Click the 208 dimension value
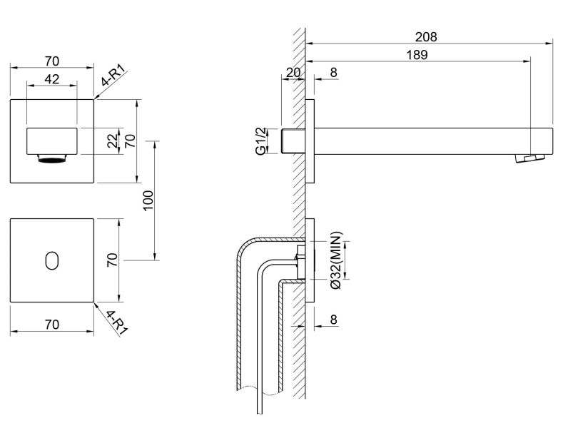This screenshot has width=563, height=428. [426, 36]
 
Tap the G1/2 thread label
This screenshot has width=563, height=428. [261, 141]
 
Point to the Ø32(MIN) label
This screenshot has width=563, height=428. [336, 260]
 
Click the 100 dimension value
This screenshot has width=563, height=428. [148, 200]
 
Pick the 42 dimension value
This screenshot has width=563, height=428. [51, 79]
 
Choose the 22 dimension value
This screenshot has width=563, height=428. [112, 141]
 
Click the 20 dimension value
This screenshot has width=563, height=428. [293, 72]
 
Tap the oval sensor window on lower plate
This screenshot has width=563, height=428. [51, 260]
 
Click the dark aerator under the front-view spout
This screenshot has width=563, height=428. [51, 160]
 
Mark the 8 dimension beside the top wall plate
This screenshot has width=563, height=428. [333, 72]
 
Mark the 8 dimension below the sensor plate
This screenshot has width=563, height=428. [333, 320]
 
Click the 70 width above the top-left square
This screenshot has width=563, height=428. [51, 60]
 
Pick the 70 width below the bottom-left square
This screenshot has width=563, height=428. [51, 324]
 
